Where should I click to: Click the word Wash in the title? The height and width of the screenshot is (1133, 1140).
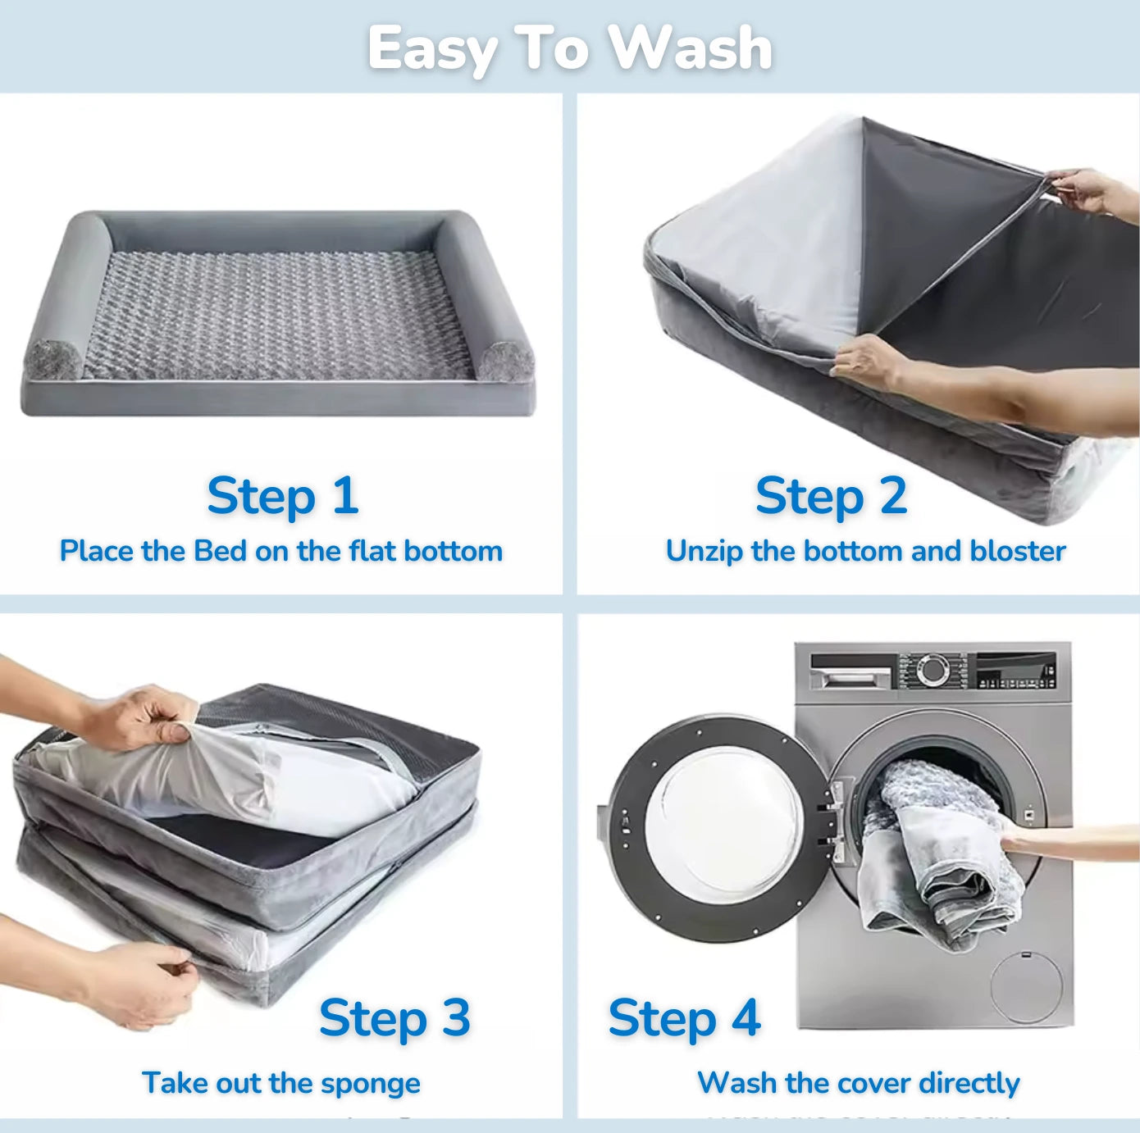pos(691,48)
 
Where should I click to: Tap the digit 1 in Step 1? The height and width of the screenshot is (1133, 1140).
pos(345,495)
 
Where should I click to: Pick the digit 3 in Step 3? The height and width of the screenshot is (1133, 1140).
pos(456,1017)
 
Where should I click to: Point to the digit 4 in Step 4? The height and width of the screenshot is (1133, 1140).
pos(746,1017)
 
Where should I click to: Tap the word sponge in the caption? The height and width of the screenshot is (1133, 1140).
pos(371,1084)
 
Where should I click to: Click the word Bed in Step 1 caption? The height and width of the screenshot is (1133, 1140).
pos(220,551)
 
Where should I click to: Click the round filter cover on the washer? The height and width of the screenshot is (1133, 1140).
pos(1026,987)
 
